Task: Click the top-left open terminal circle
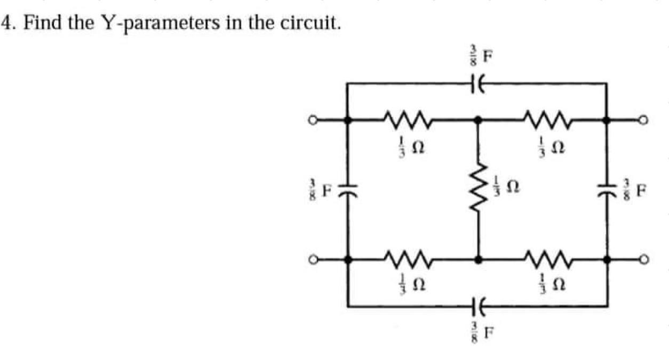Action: pos(309,121)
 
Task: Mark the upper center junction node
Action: pos(478,121)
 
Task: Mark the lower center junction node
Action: pos(478,260)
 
